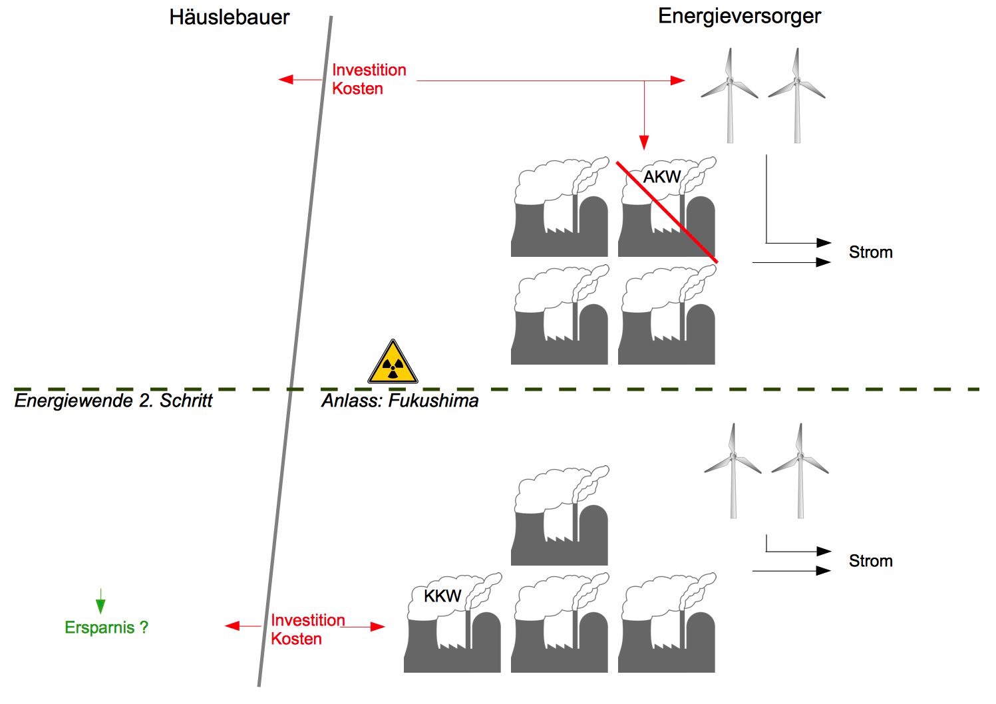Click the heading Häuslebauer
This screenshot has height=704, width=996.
[230, 17]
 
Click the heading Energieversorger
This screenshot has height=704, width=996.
[739, 17]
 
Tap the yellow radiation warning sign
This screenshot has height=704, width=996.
[393, 363]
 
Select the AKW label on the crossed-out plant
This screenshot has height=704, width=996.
[661, 177]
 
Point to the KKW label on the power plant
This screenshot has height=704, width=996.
[442, 596]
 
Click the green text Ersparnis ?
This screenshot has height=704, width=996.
[106, 627]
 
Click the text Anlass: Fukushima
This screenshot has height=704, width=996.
[400, 401]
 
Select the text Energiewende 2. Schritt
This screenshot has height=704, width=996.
[113, 401]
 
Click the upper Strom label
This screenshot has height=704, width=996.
[870, 253]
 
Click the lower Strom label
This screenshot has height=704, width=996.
[870, 562]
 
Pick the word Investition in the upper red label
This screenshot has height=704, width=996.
[369, 71]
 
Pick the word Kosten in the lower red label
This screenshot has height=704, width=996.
[296, 639]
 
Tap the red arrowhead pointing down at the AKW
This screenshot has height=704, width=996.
[643, 142]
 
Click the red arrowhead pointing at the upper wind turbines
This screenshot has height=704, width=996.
[678, 81]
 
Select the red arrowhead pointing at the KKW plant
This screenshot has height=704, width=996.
[378, 626]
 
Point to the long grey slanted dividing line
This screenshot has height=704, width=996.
[295, 353]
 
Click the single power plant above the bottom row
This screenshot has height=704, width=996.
[560, 516]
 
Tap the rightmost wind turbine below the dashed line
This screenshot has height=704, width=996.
[800, 469]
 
